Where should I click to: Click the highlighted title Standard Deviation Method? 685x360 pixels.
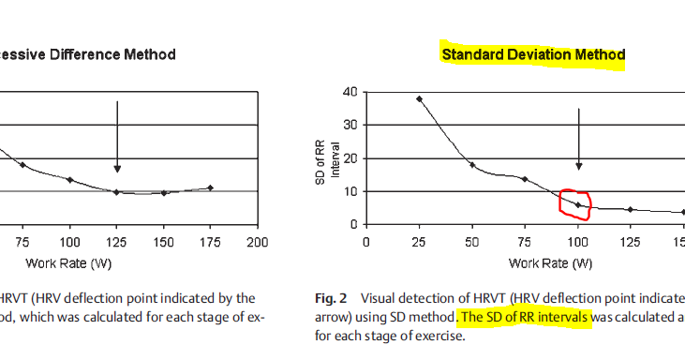[x=532, y=55]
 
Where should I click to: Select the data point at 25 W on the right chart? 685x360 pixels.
[x=419, y=98]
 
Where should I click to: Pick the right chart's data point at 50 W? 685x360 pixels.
[x=472, y=165]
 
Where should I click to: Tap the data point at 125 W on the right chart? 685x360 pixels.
[x=631, y=209]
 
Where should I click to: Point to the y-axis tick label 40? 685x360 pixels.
[x=350, y=92]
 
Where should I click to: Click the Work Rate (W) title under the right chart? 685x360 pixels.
[x=550, y=263]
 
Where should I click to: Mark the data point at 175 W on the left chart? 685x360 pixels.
[x=211, y=187]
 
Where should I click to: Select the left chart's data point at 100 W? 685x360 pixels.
[x=70, y=179]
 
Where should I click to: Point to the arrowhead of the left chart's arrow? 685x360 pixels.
[x=117, y=169]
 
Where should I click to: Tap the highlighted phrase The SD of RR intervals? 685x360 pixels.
[x=526, y=318]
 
